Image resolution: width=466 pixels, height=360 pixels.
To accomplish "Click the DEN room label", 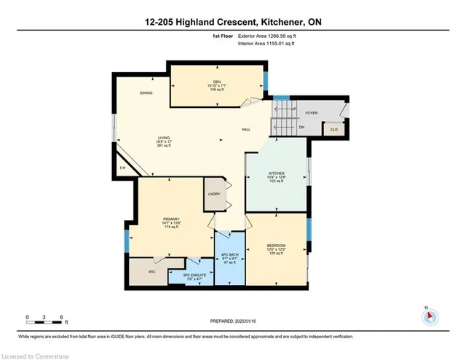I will click(216, 81).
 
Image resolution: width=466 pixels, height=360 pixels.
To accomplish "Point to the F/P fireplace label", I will click(122, 169).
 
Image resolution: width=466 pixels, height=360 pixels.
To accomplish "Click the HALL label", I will click(246, 130).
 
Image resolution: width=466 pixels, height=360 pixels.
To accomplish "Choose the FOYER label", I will click(312, 114).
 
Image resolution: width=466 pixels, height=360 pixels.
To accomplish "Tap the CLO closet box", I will click(334, 129).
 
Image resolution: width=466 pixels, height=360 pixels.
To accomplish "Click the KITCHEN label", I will click(275, 173).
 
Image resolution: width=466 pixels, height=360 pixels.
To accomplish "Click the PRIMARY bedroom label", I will click(171, 219).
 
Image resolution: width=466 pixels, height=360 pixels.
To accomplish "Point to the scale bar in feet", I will click(46, 318).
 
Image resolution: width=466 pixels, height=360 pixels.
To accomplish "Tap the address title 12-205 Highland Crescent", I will click(232, 23).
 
